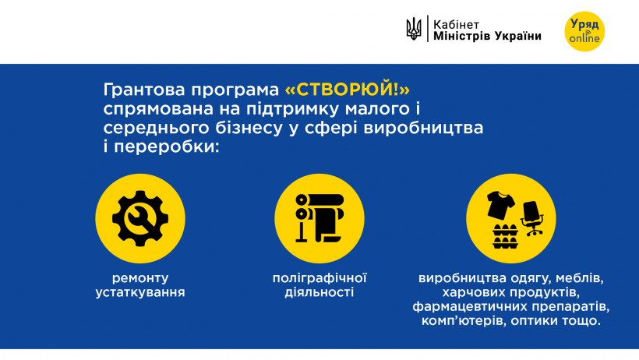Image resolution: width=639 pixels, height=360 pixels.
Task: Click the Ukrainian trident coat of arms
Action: pyautogui.click(x=414, y=29)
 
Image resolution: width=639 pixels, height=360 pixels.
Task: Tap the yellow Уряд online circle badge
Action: pyautogui.click(x=584, y=31)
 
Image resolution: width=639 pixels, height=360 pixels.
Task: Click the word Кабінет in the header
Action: pyautogui.click(x=456, y=24)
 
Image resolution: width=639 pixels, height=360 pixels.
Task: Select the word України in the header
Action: pyautogui.click(x=518, y=36)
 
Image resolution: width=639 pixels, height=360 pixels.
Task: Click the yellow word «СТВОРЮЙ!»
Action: pyautogui.click(x=348, y=90)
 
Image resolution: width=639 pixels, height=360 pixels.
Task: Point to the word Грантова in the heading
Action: pyautogui.click(x=144, y=90)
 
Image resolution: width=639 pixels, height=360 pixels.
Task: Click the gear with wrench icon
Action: pyautogui.click(x=140, y=218)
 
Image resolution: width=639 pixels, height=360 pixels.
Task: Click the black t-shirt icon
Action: pyautogui.click(x=500, y=205)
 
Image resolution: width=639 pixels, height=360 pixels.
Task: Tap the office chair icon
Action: pyautogui.click(x=532, y=218)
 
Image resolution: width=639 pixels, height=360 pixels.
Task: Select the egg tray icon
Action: pyautogui.click(x=505, y=236)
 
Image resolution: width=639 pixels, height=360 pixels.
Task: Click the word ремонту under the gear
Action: pyautogui.click(x=140, y=278)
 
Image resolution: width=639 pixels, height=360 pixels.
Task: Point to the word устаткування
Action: pyautogui.click(x=140, y=292)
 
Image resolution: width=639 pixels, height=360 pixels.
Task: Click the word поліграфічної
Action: pyautogui.click(x=319, y=278)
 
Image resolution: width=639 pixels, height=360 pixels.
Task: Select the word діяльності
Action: pyautogui.click(x=319, y=292)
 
